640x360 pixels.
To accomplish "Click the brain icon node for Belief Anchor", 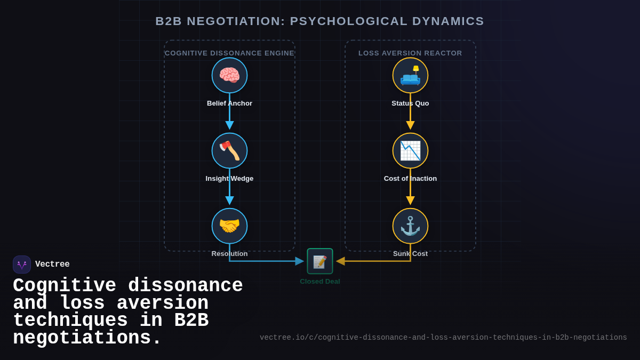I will [x=229, y=75].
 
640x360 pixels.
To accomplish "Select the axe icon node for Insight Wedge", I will [x=229, y=150].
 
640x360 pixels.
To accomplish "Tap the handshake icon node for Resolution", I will [x=229, y=226].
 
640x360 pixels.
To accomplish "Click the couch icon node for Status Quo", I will [x=410, y=75].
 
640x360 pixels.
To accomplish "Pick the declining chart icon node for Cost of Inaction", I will [x=410, y=150].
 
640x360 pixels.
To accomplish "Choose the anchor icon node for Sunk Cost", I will [x=410, y=226].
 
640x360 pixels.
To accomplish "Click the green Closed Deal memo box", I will [x=320, y=261].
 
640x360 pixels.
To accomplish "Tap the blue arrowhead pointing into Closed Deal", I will [x=300, y=261].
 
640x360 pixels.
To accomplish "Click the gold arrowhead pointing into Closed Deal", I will [x=340, y=261].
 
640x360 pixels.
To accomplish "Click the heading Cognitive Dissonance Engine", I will [x=229, y=53].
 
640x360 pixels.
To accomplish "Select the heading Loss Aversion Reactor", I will [x=410, y=53].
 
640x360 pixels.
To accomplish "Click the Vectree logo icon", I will [x=22, y=265].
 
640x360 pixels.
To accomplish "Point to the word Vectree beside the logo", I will [x=52, y=265].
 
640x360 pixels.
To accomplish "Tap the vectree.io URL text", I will [x=443, y=338].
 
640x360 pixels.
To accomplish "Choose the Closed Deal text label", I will [x=320, y=282].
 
